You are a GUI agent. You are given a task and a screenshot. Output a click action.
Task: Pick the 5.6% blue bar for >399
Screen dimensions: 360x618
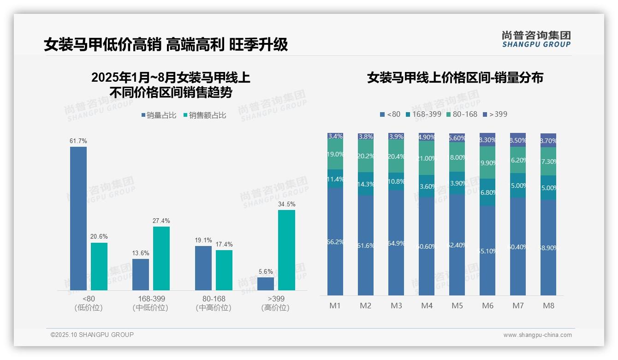(266, 284)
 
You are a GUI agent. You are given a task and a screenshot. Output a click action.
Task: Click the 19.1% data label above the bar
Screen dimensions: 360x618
(203, 240)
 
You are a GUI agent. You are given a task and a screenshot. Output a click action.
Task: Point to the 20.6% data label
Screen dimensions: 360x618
(99, 236)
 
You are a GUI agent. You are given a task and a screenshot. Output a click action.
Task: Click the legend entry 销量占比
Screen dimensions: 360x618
(159, 115)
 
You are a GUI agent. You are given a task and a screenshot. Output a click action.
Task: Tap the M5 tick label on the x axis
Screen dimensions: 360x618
(457, 306)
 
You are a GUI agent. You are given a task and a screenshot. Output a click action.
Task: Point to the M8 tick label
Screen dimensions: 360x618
(548, 306)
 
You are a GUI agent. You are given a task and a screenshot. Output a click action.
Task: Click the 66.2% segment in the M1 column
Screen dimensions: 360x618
(335, 241)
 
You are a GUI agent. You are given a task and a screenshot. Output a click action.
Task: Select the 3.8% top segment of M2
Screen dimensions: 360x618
(366, 137)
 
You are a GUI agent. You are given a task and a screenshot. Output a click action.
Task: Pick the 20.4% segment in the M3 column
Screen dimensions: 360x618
(396, 156)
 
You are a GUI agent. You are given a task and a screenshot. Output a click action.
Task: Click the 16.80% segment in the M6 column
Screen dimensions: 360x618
(487, 192)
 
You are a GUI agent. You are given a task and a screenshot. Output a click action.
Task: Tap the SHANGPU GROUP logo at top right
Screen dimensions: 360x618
(536, 39)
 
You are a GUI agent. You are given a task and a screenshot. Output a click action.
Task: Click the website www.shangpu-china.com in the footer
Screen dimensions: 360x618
(537, 335)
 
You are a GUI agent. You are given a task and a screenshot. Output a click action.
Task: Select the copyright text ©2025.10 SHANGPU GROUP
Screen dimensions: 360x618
(92, 335)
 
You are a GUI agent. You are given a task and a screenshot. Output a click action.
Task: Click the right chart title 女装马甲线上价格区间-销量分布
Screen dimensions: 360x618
(455, 78)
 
